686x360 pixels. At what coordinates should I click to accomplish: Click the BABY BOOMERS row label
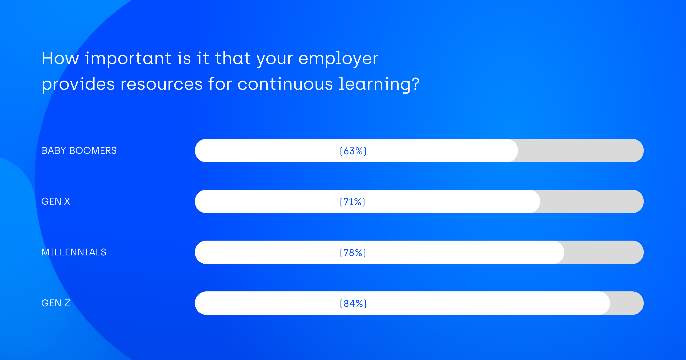pos(79,150)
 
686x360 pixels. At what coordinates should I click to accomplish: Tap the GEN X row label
pos(56,201)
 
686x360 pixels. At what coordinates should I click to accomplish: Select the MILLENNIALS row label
pos(74,252)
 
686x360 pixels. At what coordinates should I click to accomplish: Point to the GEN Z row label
pos(56,303)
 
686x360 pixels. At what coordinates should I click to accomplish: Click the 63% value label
pos(353,151)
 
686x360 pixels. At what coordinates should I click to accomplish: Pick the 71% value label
pos(353,202)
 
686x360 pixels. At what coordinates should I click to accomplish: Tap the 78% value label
pos(353,253)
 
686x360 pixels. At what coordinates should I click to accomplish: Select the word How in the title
pos(60,58)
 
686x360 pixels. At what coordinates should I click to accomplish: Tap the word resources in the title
pos(162,84)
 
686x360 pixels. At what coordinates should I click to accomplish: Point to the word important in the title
pos(128,59)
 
